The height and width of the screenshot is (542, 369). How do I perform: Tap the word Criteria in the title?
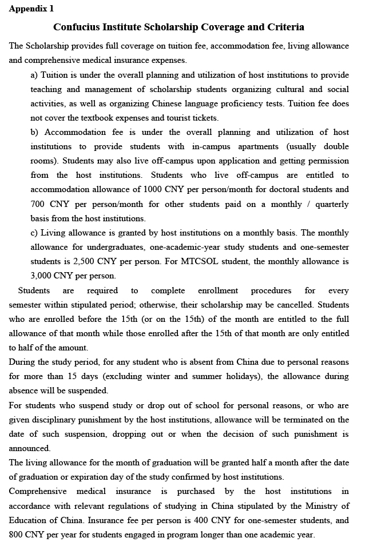[x=284, y=27]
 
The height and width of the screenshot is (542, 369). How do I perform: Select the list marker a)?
[x=34, y=75]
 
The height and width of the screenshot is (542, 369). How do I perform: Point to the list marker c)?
[x=34, y=233]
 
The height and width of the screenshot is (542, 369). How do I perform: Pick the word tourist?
[x=173, y=118]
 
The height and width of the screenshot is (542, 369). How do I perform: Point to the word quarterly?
[x=332, y=204]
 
